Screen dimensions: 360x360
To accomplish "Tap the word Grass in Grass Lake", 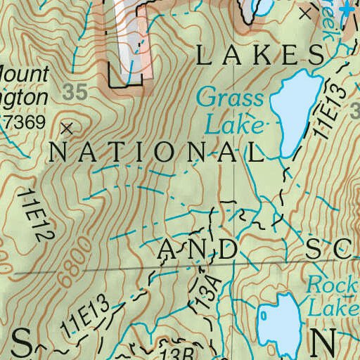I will click(230, 98).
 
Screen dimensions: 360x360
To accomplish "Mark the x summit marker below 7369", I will click(67, 129).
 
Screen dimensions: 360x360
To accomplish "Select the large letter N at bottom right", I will click(323, 342).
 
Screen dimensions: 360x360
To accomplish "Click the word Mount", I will click(25, 73).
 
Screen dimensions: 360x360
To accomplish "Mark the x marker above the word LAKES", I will click(305, 13).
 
